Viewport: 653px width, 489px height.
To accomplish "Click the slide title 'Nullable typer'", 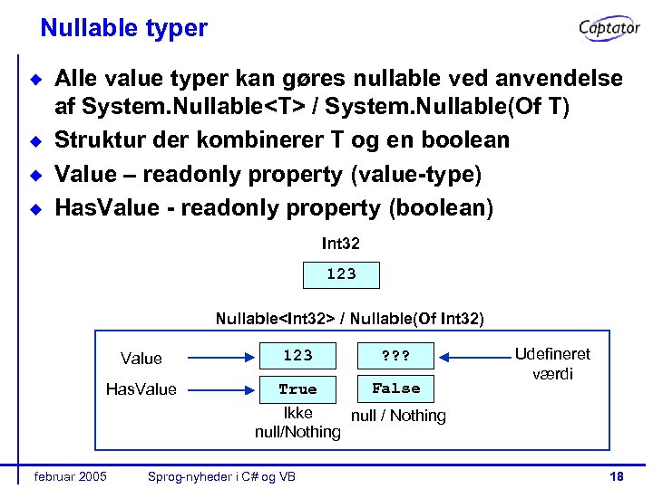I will (123, 28).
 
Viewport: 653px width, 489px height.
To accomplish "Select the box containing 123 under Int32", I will (341, 274).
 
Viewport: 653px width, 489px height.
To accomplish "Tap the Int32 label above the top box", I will (341, 244).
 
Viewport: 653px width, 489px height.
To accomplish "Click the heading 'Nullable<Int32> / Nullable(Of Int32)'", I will (349, 319).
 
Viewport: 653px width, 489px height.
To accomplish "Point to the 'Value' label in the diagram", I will (141, 359).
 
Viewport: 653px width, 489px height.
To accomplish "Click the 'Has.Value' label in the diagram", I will (141, 389).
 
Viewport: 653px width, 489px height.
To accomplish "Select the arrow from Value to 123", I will (216, 357).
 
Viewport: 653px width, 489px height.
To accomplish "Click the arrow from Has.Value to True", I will (216, 389).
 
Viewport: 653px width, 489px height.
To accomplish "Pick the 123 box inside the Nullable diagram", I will (297, 356).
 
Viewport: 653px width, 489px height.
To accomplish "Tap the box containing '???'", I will (396, 356).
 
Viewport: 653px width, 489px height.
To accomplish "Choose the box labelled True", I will (297, 388).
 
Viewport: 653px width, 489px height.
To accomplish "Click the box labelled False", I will (396, 388).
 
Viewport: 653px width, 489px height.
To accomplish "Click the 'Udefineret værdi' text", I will (551, 363).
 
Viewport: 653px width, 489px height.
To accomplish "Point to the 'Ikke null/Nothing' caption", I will (297, 423).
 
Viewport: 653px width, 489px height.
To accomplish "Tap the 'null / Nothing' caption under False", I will (398, 416).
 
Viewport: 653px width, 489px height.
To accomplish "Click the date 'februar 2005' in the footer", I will (69, 476).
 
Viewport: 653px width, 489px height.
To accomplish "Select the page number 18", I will (617, 476).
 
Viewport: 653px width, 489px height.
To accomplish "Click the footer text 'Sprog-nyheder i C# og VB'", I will (222, 476).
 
